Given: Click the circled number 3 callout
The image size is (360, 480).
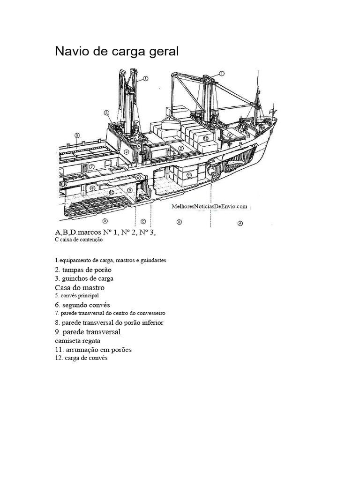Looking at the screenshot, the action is (x=107, y=112).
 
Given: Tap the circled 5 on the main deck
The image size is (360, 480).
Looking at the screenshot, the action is (x=77, y=135).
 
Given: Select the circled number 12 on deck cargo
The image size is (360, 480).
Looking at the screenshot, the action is (x=205, y=138).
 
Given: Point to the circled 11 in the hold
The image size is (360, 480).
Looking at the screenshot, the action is (x=189, y=175).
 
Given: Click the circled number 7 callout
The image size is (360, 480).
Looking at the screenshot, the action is (x=92, y=166).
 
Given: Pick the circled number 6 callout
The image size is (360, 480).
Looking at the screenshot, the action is (x=138, y=178).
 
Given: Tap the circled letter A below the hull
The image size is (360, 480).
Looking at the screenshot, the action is (x=240, y=223).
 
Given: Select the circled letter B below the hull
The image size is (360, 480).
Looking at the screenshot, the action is (x=180, y=222).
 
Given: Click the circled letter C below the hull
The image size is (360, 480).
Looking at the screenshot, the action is (x=143, y=221).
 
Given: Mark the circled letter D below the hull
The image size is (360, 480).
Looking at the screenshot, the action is (x=105, y=220).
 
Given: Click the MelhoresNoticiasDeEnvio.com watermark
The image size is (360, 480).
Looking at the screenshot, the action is (x=210, y=206).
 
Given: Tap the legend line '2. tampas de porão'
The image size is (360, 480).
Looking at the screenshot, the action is (x=83, y=270).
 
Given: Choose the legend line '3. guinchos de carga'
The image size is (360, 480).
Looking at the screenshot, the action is (x=84, y=279).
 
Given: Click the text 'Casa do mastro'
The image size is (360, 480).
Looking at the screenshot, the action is (x=80, y=288).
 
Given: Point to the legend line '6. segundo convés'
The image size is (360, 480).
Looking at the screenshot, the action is (x=82, y=305).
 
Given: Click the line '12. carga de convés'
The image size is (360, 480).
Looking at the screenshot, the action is (x=81, y=358).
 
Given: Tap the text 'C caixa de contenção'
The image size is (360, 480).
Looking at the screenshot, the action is (x=79, y=240).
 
